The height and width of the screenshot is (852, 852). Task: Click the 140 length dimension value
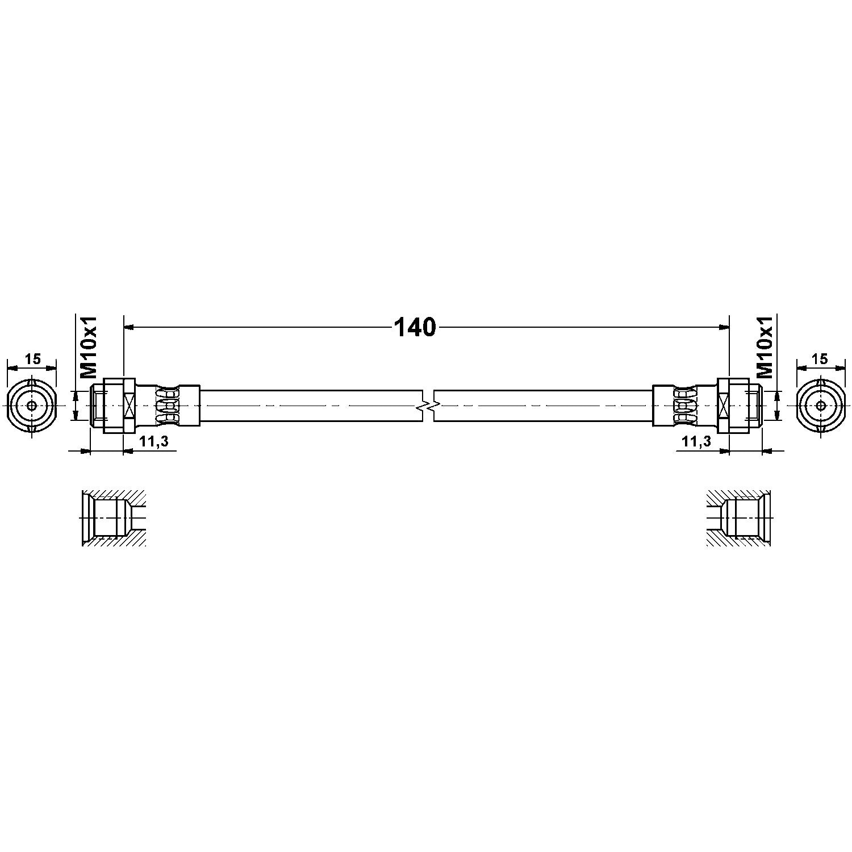415,328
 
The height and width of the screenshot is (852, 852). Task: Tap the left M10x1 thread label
90,347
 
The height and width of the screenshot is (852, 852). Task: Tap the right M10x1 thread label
765,347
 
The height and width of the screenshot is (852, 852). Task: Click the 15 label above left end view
32,358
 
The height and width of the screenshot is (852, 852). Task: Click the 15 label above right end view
820,358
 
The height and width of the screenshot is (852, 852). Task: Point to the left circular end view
32,406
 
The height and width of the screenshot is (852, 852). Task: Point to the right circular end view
820,406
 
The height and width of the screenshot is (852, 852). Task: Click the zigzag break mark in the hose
428,406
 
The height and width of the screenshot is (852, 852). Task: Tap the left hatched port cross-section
114,517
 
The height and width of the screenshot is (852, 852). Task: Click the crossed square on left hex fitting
128,406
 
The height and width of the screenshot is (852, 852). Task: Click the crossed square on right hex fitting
723,406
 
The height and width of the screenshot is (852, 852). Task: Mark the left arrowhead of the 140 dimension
128,327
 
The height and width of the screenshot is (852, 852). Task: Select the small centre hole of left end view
32,406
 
